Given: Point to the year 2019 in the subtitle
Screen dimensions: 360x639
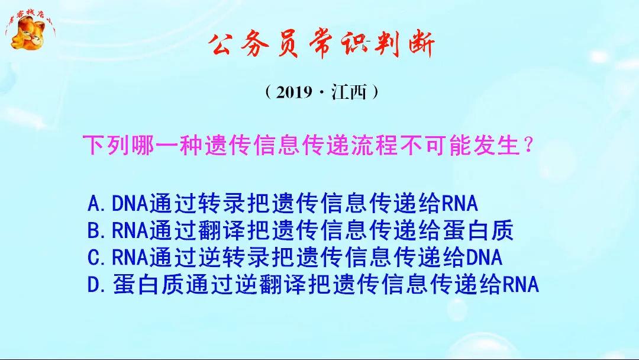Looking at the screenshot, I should tap(295, 92).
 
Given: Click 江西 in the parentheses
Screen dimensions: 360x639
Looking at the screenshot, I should tap(349, 92).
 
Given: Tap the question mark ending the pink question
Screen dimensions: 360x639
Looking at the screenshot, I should tap(529, 145).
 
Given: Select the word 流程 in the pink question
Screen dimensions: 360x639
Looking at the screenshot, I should tap(377, 145).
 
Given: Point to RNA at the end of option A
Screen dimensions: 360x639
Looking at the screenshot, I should tap(460, 204).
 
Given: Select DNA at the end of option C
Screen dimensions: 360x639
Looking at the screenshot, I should tap(484, 258).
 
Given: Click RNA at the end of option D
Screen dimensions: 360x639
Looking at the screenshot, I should tap(521, 285).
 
